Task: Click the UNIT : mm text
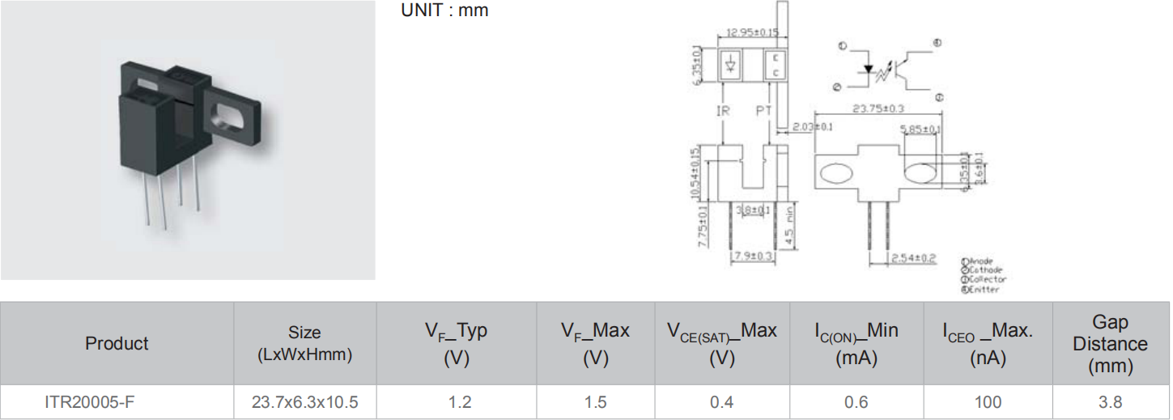444,11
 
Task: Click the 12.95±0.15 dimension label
752,32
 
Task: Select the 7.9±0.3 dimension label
753,256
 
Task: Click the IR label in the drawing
723,110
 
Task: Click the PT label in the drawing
764,110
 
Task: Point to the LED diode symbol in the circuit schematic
869,70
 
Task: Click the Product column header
117,343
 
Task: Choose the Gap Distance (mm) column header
1110,344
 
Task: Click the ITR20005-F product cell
83,402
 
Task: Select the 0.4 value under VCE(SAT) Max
721,402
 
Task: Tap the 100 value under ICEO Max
988,402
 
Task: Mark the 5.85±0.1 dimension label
920,129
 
